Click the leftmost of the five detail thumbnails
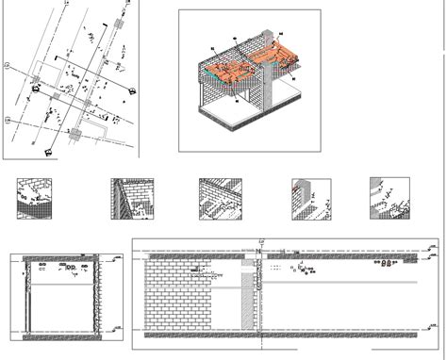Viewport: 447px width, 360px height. click(x=34, y=199)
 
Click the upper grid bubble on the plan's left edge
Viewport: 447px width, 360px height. click(x=8, y=66)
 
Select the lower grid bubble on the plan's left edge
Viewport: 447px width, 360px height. click(x=8, y=120)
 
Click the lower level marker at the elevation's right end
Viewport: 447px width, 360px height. click(x=431, y=332)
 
